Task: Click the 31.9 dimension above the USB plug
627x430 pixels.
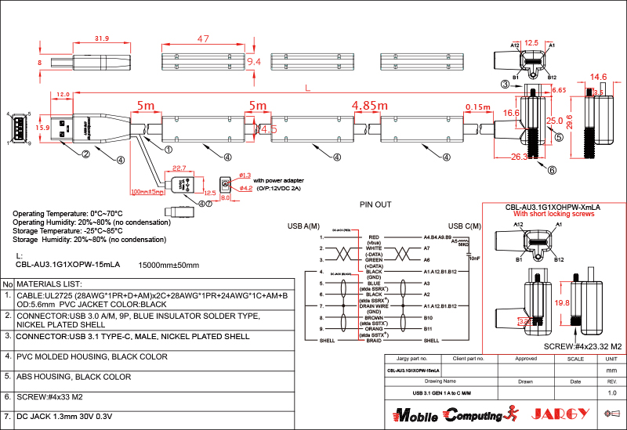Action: pyautogui.click(x=102, y=38)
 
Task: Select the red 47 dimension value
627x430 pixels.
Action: pyautogui.click(x=204, y=38)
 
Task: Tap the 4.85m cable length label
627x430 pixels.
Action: pyautogui.click(x=369, y=105)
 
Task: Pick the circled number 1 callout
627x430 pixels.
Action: pyautogui.click(x=169, y=148)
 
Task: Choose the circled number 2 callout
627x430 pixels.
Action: pyautogui.click(x=83, y=154)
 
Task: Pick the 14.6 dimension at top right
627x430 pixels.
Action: pyautogui.click(x=599, y=77)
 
